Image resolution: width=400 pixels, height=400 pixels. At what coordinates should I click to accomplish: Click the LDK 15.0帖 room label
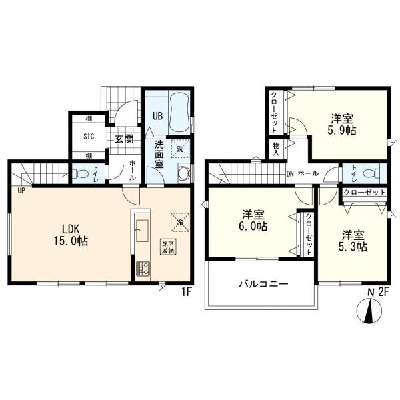(71, 235)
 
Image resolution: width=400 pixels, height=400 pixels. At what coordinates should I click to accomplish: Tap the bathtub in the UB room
(179, 112)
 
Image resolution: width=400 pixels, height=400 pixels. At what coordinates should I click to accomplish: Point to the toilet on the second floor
(371, 174)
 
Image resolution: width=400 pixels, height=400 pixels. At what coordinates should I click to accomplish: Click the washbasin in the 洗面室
(184, 173)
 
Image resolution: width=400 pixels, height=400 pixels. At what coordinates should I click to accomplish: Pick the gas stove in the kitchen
(143, 269)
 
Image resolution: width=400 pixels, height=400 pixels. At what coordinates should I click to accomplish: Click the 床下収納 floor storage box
(168, 247)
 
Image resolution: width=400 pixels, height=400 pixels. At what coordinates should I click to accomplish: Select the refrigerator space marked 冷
(180, 222)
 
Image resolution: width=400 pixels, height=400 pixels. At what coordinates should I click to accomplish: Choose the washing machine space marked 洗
(181, 149)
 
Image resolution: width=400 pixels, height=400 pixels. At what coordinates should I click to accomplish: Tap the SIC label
(89, 136)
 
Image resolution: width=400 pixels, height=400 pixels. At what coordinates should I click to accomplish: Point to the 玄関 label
(124, 139)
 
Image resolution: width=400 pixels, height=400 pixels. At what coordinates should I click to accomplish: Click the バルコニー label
(263, 284)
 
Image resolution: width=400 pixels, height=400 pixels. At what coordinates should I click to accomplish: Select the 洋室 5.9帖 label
(342, 125)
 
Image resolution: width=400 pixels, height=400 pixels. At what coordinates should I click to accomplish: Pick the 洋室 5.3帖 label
(353, 241)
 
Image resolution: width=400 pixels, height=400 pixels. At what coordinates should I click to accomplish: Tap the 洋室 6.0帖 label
(253, 221)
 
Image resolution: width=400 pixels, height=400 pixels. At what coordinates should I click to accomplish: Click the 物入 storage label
(276, 149)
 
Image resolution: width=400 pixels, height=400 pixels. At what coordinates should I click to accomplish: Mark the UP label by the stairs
(21, 190)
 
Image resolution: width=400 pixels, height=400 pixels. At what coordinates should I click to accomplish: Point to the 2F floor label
(383, 292)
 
